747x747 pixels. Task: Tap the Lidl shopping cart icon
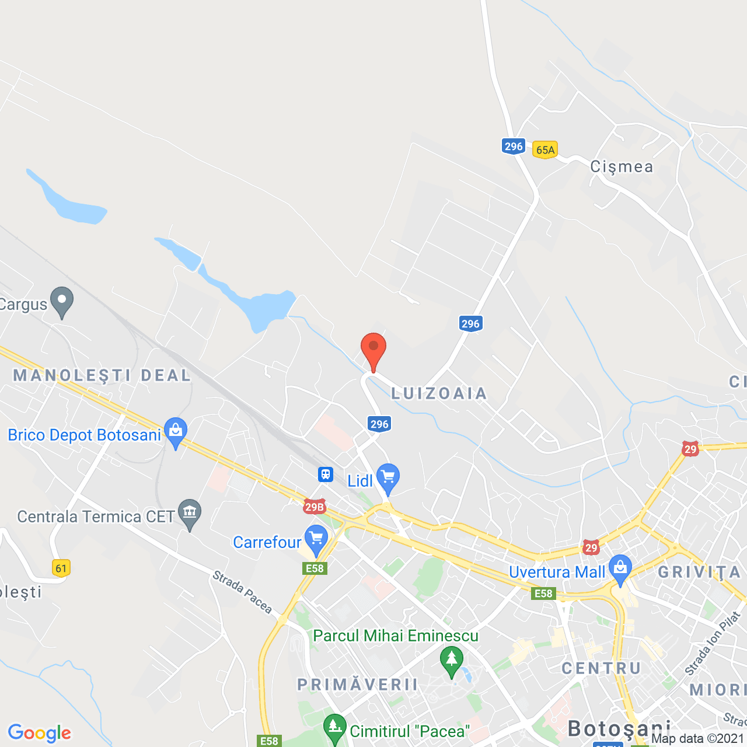point(388,478)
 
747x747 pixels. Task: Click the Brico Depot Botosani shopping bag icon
point(175,432)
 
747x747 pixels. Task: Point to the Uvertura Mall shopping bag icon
point(620,569)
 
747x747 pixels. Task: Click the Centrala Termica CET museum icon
point(190,514)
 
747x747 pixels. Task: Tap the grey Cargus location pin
point(62,302)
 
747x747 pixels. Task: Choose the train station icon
point(326,474)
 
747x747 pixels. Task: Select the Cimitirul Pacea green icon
point(334,729)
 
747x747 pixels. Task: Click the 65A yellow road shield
point(545,150)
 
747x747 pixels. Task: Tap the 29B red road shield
point(314,507)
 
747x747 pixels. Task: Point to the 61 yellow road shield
point(61,568)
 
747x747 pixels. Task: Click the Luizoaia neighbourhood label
point(439,394)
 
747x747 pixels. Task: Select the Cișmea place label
point(622,167)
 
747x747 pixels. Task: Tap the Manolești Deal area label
point(102,375)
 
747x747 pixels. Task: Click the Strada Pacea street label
point(242,592)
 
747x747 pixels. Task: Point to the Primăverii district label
point(358,685)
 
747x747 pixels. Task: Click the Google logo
point(40,733)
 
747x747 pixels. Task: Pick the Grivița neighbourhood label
point(699,573)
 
